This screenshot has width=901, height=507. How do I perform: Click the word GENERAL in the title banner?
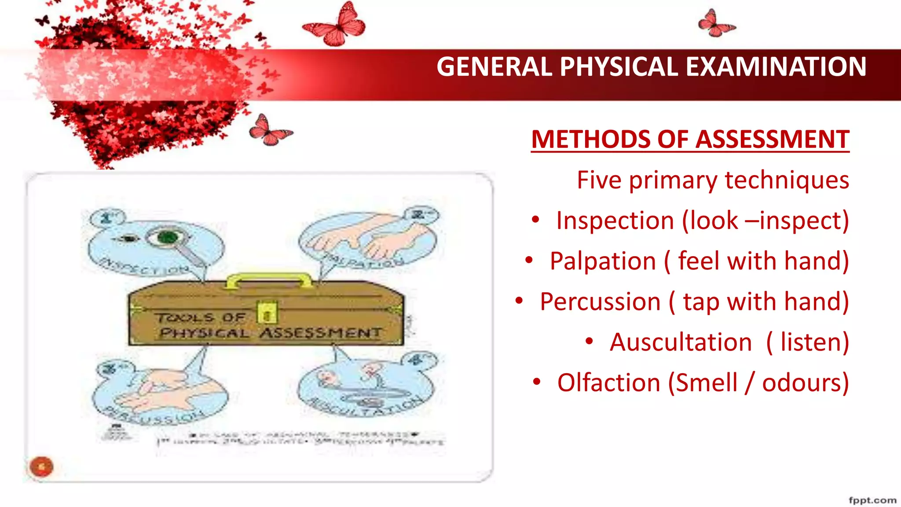[x=494, y=67]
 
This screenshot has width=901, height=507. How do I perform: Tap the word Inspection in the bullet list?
[x=615, y=220]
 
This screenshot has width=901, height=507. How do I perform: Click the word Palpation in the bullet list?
[x=603, y=261]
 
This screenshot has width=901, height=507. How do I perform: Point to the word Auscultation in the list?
[x=681, y=342]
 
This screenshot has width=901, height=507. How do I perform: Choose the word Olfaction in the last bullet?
[x=609, y=383]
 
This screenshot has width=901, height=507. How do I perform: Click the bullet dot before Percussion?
[x=519, y=301]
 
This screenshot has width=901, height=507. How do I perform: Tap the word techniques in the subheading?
[x=787, y=180]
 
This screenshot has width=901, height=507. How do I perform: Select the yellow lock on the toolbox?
[x=267, y=312]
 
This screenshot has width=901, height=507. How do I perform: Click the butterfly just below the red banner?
[x=268, y=131]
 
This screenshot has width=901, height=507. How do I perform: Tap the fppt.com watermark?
[x=872, y=500]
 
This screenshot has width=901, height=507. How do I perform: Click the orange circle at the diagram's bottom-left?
[x=41, y=467]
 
